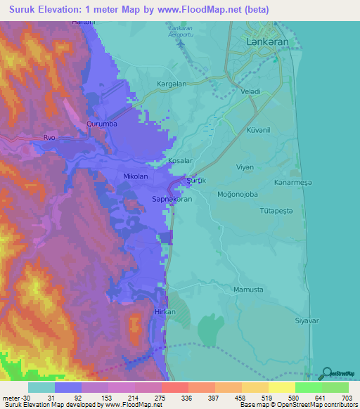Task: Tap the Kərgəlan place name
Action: (172, 84)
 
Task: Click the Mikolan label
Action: (136, 177)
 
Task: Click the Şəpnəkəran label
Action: (153, 200)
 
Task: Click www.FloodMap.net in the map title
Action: (188, 8)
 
